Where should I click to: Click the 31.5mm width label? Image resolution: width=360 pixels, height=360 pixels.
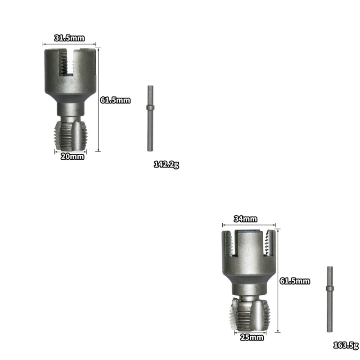69,38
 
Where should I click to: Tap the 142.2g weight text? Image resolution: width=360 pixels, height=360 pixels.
166,164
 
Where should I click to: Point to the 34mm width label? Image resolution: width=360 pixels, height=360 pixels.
246,219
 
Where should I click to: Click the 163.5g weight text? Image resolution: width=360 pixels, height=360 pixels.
345,345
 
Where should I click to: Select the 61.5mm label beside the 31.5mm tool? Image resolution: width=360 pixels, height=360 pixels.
115,100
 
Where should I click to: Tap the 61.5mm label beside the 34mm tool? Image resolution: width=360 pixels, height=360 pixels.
295,281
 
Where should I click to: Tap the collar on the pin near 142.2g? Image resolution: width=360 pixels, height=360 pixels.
150,108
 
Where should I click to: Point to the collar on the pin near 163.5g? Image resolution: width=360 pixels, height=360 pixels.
329,287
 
